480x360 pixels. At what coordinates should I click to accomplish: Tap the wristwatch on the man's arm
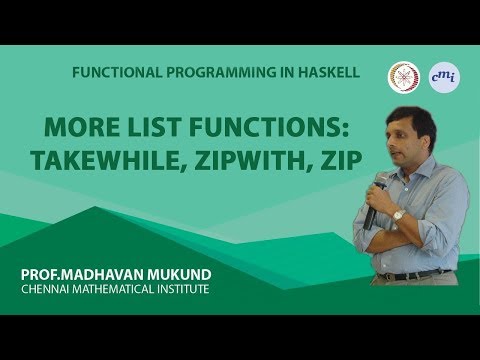tap(399, 215)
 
